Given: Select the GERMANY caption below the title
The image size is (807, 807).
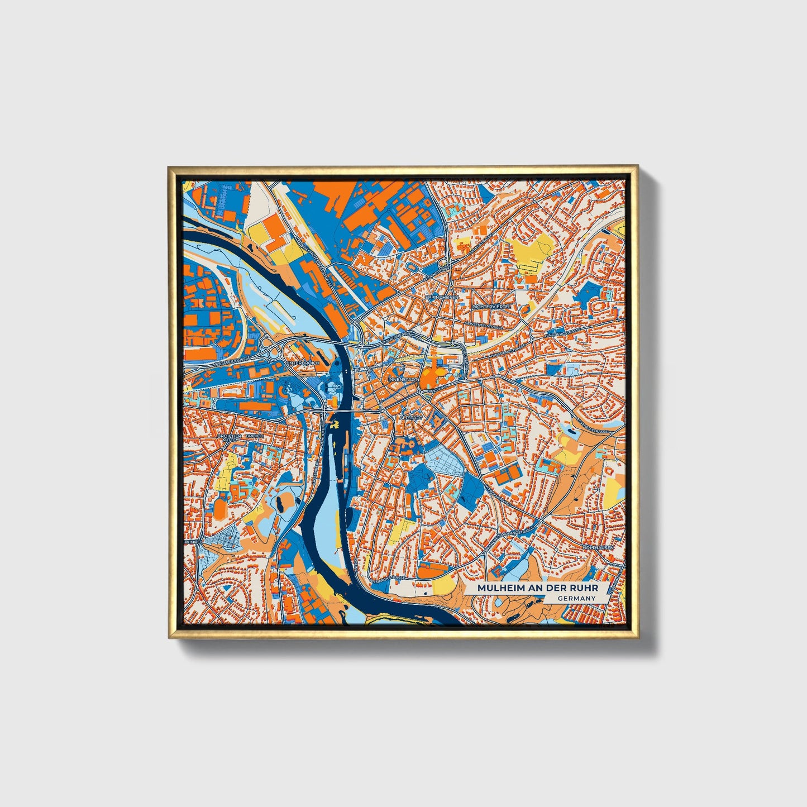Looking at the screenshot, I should pyautogui.click(x=576, y=599).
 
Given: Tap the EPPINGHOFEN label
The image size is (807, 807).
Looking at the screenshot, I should pyautogui.click(x=441, y=298).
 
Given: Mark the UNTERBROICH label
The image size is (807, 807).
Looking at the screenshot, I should pyautogui.click(x=303, y=363).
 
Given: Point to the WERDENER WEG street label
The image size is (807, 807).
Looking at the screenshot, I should pyautogui.click(x=499, y=491).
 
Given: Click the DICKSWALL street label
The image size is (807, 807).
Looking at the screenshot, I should pyautogui.click(x=434, y=389).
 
